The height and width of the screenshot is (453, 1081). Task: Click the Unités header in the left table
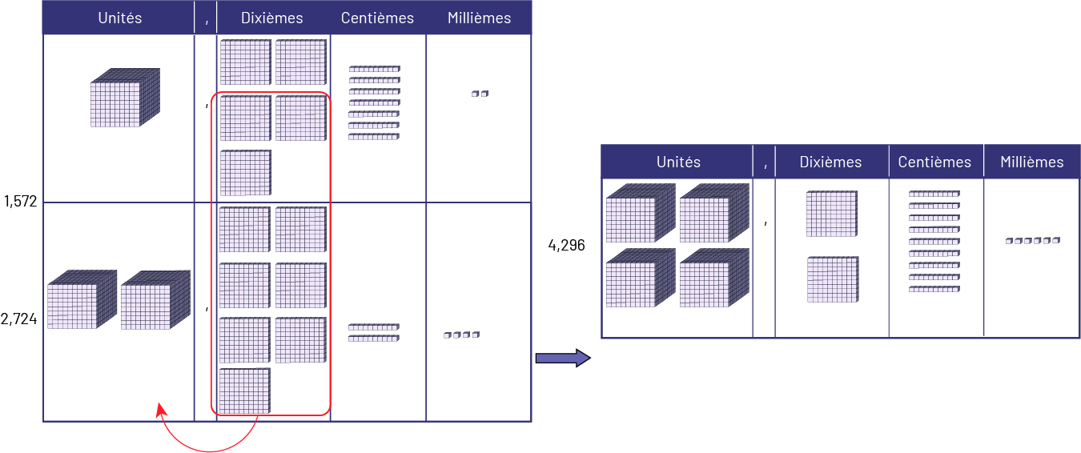click(119, 18)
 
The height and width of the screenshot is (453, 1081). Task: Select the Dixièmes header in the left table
click(273, 18)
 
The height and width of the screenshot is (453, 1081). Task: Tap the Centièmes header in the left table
click(377, 18)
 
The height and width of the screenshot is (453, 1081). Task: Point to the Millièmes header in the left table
click(479, 18)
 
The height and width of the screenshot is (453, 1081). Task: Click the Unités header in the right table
click(677, 162)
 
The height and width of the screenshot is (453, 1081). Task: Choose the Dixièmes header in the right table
click(830, 162)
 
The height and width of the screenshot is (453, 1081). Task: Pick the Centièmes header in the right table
click(934, 162)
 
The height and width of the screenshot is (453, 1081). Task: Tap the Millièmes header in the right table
click(1031, 162)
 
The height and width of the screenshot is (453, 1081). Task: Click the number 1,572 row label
click(20, 201)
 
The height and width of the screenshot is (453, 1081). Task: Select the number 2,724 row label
click(19, 320)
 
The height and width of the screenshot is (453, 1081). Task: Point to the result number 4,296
click(566, 246)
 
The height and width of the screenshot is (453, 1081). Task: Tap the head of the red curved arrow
click(160, 409)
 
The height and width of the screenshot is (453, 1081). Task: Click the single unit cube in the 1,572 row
click(126, 98)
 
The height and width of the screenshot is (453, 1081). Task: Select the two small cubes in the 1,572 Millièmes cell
click(480, 94)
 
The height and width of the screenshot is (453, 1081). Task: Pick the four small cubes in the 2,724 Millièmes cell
click(461, 335)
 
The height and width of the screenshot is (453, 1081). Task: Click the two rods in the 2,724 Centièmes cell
click(373, 333)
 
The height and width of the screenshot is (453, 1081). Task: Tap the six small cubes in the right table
click(1032, 240)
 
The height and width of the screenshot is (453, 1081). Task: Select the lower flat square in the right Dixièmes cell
click(833, 279)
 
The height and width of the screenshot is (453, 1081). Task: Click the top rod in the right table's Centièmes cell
click(934, 194)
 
